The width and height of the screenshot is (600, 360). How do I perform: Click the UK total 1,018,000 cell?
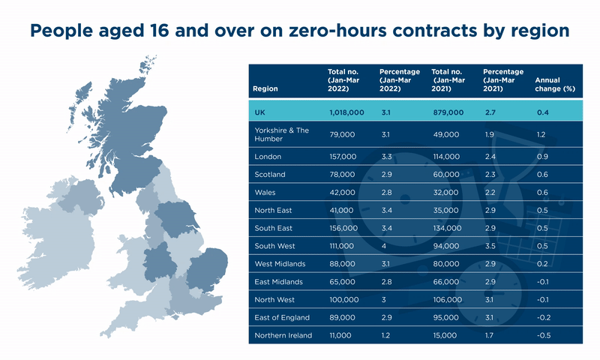346,112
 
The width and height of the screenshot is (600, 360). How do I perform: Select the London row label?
268,156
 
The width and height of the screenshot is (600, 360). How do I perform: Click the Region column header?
265,88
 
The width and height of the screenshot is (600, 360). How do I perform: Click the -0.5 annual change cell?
544,335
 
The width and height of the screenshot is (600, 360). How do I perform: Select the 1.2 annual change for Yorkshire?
541,134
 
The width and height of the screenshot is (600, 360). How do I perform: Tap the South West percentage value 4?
382,246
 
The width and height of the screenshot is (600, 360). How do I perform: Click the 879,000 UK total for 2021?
448,112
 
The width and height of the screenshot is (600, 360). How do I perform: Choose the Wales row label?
265,192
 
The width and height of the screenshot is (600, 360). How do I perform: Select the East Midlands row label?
278,281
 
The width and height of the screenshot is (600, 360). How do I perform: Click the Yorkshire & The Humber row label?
281,134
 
